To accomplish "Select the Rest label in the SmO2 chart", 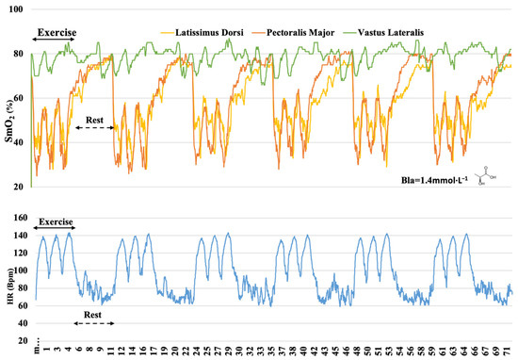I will pos(96,120).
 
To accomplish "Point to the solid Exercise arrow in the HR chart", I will pos(54,227).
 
